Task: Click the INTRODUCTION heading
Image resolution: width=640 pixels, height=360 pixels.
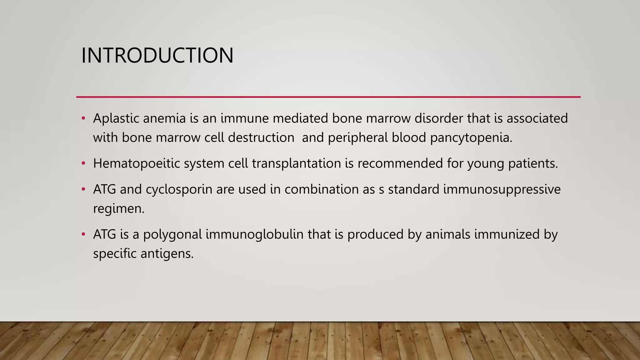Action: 157,55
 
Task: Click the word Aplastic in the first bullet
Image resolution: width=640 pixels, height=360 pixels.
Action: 116,118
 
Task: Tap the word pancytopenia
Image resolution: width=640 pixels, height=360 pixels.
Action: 471,138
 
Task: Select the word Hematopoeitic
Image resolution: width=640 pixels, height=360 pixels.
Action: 136,164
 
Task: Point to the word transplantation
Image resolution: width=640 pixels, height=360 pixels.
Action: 296,164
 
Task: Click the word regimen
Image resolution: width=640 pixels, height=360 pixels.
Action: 118,209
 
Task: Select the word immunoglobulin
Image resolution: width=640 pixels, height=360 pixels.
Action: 254,234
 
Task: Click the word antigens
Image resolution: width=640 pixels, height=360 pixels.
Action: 167,254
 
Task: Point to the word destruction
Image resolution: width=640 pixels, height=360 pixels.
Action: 261,138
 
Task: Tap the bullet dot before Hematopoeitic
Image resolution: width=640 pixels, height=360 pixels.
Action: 83,163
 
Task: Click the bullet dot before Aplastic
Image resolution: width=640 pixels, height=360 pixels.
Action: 83,118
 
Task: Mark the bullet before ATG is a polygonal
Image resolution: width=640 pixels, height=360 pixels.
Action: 83,234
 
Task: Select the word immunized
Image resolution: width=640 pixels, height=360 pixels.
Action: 507,234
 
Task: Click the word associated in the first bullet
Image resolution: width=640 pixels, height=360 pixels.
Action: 537,118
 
